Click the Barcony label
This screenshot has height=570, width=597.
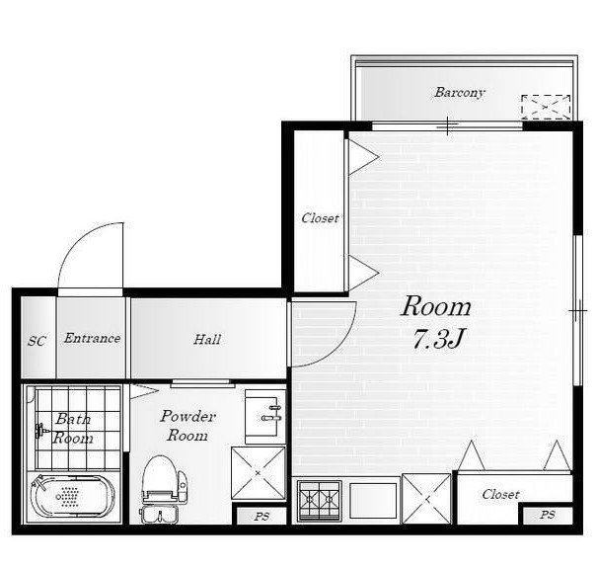pyautogui.click(x=460, y=93)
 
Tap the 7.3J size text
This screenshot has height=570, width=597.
pyautogui.click(x=437, y=339)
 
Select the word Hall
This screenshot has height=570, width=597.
pyautogui.click(x=207, y=339)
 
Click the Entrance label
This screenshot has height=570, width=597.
pyautogui.click(x=92, y=338)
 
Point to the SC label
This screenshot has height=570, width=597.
pyautogui.click(x=37, y=341)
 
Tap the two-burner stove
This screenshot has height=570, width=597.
pyautogui.click(x=319, y=501)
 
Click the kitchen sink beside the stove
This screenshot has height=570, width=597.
pyautogui.click(x=373, y=501)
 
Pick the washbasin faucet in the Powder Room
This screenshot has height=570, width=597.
pyautogui.click(x=271, y=413)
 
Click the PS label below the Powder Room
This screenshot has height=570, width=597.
pyautogui.click(x=261, y=517)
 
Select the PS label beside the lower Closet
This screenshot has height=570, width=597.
pyautogui.click(x=547, y=515)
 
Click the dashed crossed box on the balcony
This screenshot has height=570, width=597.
pyautogui.click(x=546, y=107)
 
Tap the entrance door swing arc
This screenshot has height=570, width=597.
pyautogui.click(x=76, y=240)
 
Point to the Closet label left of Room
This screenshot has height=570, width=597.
pyautogui.click(x=320, y=218)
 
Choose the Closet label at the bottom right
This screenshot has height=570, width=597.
pyautogui.click(x=500, y=495)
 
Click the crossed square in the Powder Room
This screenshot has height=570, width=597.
pyautogui.click(x=259, y=473)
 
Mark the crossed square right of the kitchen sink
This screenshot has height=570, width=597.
pyautogui.click(x=426, y=498)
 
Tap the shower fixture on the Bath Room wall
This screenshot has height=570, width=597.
pyautogui.click(x=41, y=431)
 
